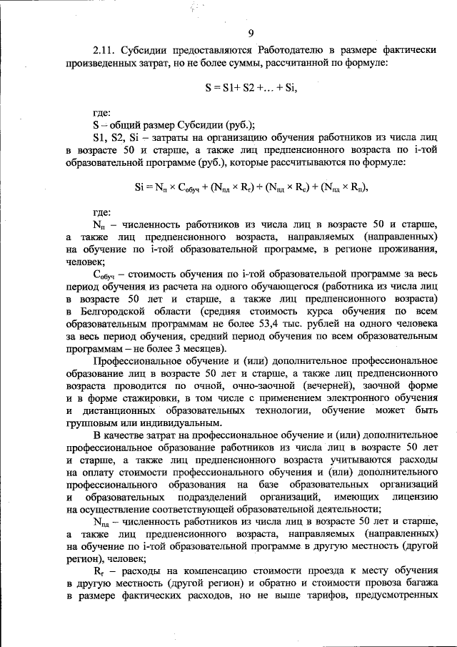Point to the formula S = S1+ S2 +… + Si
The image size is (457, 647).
pos(250,88)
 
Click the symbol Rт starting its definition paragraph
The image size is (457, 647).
pos(100,573)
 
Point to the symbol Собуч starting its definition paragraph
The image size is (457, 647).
pos(105,274)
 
